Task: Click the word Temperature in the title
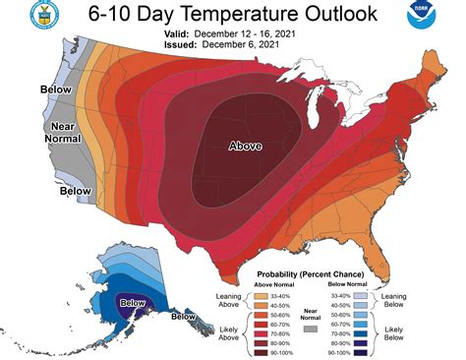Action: coord(231,15)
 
